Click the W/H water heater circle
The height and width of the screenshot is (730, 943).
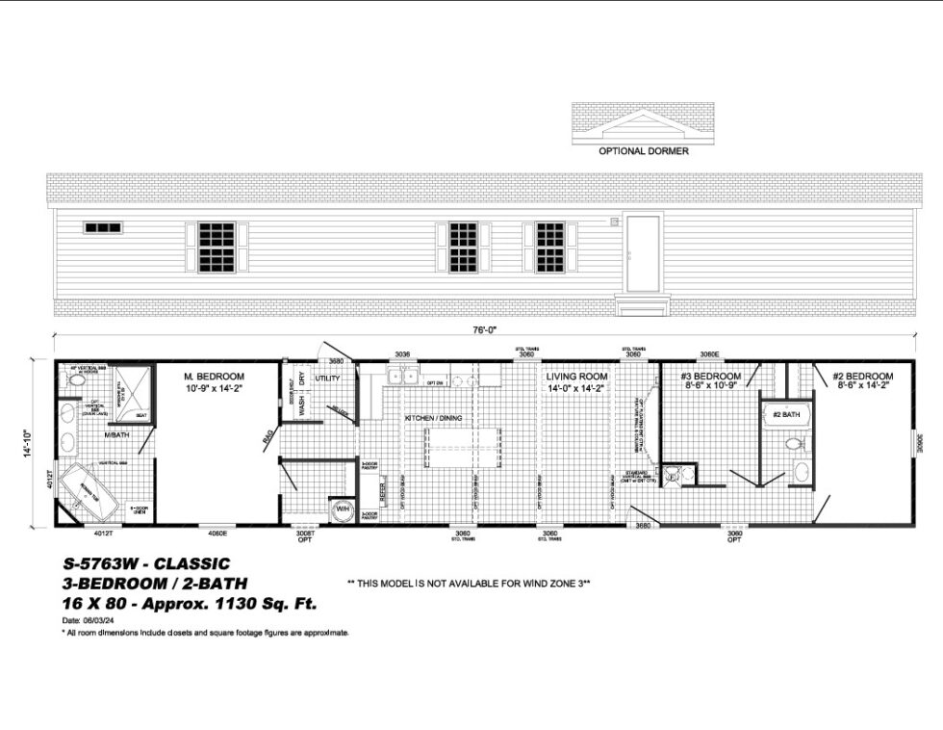pos(342,508)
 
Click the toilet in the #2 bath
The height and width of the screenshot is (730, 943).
pos(794,445)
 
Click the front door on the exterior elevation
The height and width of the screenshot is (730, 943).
pos(642,253)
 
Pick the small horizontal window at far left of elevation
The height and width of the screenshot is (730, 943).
pos(103,228)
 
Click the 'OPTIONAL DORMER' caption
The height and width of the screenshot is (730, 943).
pos(643,151)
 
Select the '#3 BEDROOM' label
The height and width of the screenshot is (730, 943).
pos(710,376)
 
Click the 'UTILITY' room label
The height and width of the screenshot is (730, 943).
pos(327,378)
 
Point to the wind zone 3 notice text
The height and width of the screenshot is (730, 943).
pos(468,584)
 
